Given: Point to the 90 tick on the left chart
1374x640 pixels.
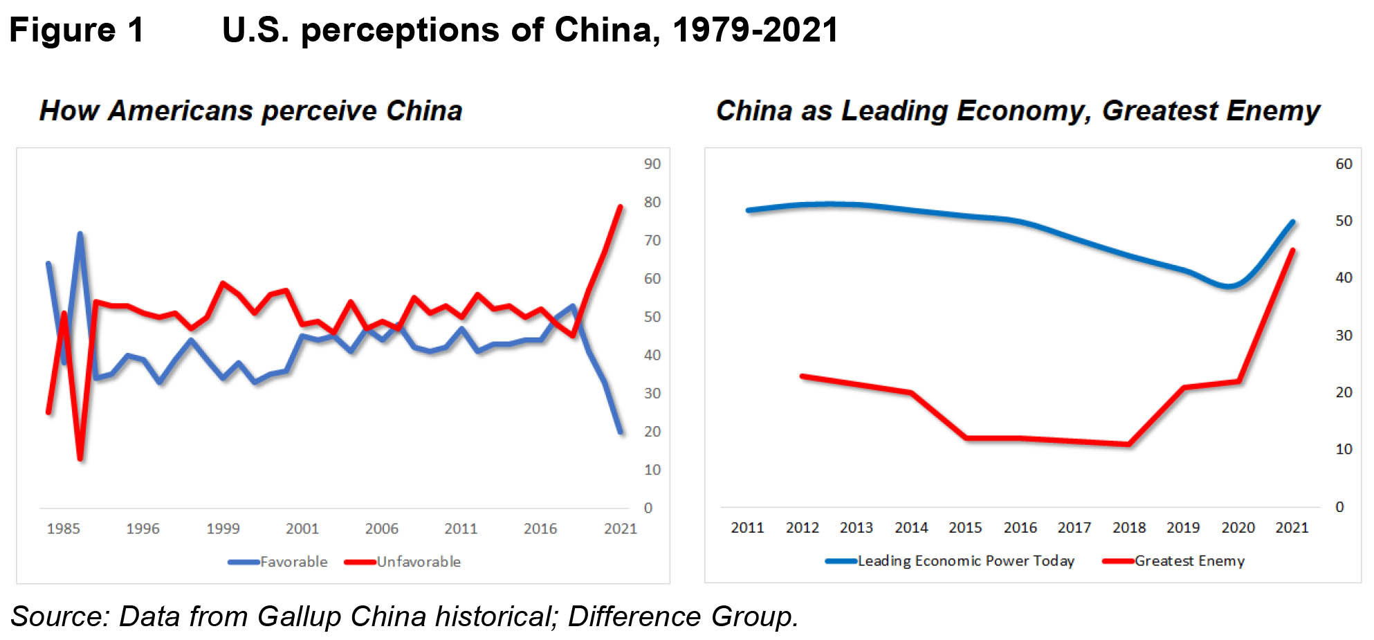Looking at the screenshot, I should [652, 164].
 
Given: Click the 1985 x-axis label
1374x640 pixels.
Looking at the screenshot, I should [63, 529].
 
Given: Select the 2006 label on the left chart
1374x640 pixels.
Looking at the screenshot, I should [381, 529].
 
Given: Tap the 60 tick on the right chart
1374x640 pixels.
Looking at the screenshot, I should [1343, 164].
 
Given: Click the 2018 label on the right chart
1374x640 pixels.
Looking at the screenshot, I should [1128, 528].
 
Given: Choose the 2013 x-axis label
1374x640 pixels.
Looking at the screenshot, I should [856, 528].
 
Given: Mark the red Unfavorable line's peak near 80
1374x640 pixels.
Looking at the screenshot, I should [620, 207].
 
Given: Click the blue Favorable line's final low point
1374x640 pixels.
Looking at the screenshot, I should [621, 432].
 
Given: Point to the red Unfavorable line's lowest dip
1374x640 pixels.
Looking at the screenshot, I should [80, 458].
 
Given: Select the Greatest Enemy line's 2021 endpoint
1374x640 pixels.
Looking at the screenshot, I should [1292, 250].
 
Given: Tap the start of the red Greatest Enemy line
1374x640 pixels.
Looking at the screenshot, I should [803, 376].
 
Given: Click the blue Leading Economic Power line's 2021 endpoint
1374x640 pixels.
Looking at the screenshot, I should [1293, 222].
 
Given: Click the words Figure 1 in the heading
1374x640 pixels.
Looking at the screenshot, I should [76, 30].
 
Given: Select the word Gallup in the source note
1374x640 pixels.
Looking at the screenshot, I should [300, 616].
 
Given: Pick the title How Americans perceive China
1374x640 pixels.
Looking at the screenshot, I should [250, 111].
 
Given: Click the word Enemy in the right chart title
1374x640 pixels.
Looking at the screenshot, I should [1279, 111].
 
